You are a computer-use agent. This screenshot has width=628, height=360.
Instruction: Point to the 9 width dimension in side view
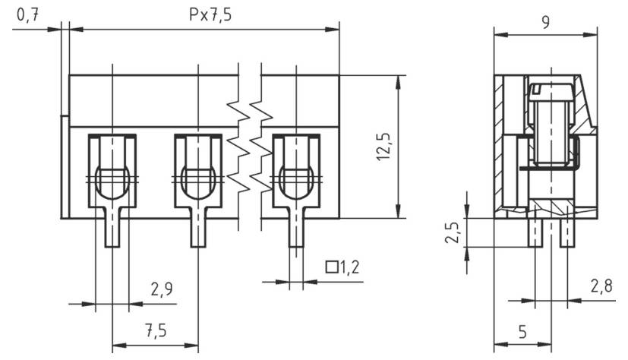tap(545, 22)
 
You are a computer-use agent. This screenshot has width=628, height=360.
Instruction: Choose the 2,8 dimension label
tap(601, 286)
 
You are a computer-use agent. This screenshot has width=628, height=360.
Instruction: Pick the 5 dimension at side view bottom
tap(523, 331)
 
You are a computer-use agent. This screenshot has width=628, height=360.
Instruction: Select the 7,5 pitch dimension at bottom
tap(156, 331)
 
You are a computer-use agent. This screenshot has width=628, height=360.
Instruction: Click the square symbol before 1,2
tap(331, 267)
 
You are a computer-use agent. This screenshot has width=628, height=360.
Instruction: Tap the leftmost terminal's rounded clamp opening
tap(112, 181)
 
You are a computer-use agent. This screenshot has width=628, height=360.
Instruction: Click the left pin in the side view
tap(535, 232)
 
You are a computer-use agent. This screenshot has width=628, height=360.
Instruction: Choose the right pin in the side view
tap(566, 232)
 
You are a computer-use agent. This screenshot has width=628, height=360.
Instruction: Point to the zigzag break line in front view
tap(250, 148)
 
